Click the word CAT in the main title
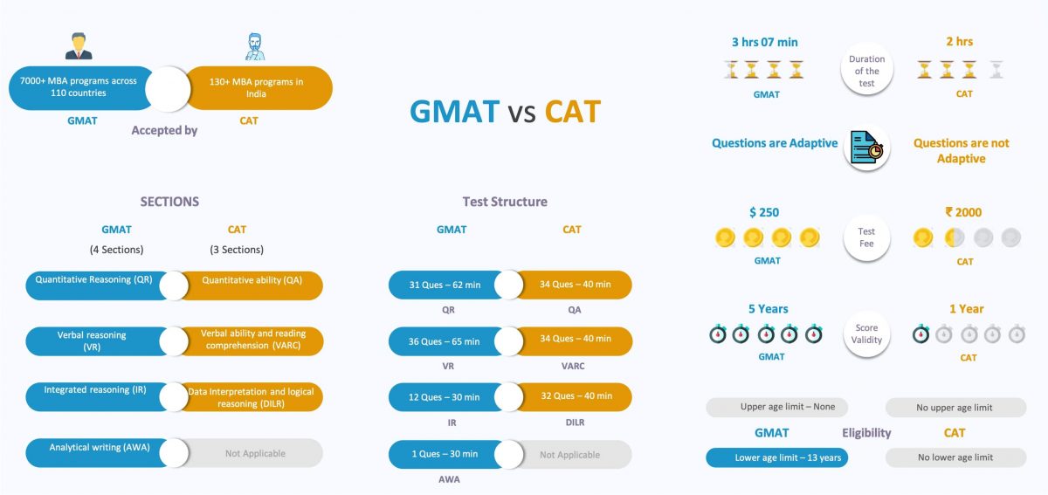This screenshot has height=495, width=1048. (x=572, y=112)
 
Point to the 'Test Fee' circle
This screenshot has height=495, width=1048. (x=866, y=237)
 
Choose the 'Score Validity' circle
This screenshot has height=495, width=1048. (x=866, y=334)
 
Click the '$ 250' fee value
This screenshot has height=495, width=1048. (x=763, y=212)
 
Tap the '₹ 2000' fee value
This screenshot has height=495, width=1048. (x=963, y=212)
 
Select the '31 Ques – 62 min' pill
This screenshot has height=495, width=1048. (x=444, y=285)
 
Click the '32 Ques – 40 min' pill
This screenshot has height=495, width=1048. (x=575, y=396)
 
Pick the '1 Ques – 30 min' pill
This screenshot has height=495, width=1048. (x=444, y=454)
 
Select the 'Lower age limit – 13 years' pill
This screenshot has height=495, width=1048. (x=776, y=457)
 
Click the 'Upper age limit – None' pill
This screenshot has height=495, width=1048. (x=776, y=408)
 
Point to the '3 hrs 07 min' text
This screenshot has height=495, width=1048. (x=764, y=42)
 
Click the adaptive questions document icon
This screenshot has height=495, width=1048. (x=866, y=148)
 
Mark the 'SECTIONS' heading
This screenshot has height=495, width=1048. (x=169, y=202)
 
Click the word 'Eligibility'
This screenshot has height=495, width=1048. (x=866, y=433)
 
